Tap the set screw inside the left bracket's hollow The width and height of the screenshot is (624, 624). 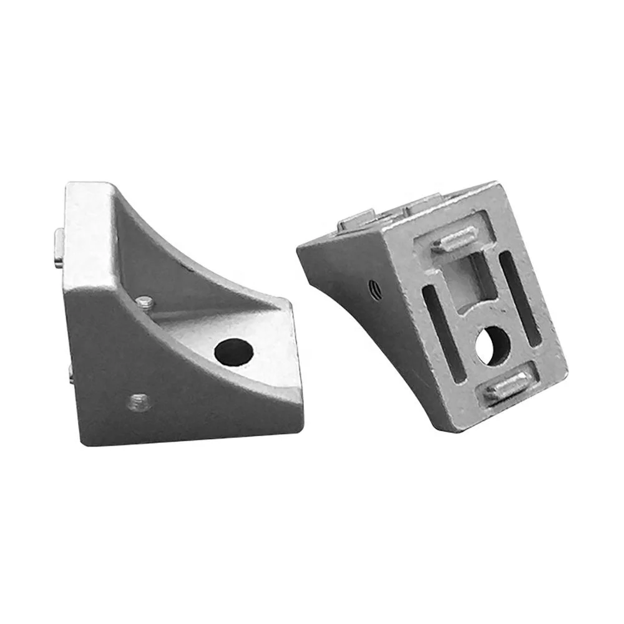145,303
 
